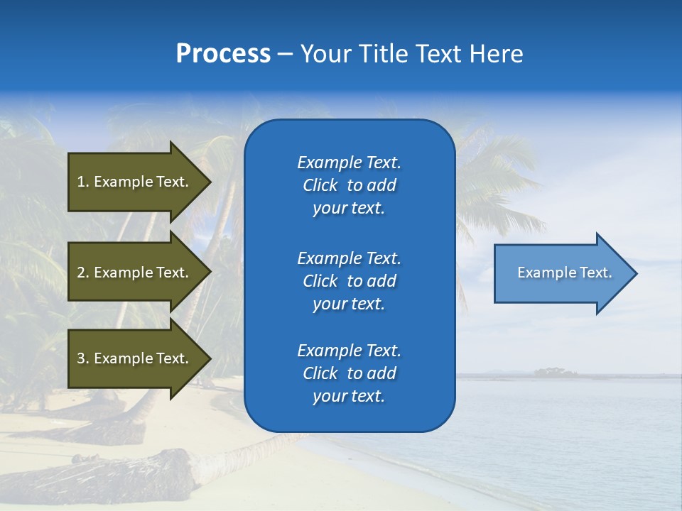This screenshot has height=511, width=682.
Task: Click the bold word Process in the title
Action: coord(223,54)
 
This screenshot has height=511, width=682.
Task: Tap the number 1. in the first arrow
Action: coord(83,182)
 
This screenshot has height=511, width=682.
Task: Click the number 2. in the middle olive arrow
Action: coord(83,273)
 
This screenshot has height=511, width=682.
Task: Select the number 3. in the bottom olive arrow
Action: coord(83,358)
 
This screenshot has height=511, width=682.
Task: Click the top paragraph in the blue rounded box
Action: coord(350,185)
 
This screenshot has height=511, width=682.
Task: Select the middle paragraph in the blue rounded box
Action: coord(350,281)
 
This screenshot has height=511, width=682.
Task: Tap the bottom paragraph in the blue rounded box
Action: coord(350,373)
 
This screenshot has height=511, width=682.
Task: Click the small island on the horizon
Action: coord(555,372)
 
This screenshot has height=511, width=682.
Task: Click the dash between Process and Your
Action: coord(285,54)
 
